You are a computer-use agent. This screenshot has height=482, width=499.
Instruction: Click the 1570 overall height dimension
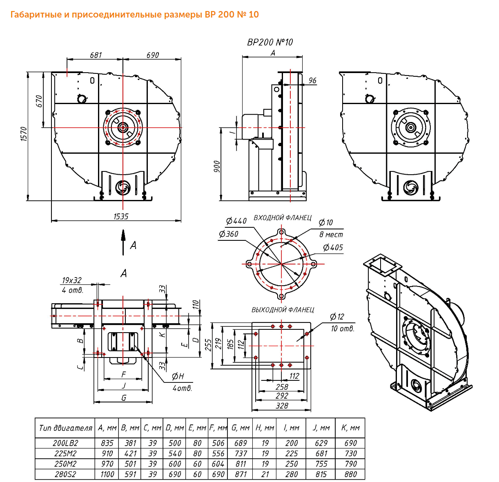pyautogui.click(x=24, y=133)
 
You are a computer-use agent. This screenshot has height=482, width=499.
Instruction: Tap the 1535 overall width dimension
pyautogui.click(x=121, y=217)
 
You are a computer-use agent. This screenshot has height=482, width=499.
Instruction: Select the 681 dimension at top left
pyautogui.click(x=96, y=55)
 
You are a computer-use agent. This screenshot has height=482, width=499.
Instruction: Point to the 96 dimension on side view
pyautogui.click(x=312, y=80)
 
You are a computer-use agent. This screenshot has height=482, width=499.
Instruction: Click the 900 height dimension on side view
pyautogui.click(x=217, y=166)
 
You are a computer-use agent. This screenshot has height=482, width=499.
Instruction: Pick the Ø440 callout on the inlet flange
pyautogui.click(x=236, y=221)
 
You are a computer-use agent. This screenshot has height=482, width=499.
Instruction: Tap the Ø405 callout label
pyautogui.click(x=333, y=247)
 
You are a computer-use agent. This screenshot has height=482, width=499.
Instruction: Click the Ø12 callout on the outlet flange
pyautogui.click(x=337, y=317)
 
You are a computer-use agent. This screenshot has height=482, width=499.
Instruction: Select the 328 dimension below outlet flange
pyautogui.click(x=282, y=406)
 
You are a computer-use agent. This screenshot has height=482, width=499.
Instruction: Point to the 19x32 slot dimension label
pyautogui.click(x=71, y=280)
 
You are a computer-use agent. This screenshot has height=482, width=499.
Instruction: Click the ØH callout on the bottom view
pyautogui.click(x=178, y=376)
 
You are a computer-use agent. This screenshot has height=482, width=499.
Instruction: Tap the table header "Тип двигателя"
pyautogui.click(x=65, y=428)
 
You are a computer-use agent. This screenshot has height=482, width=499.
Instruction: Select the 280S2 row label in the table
pyautogui.click(x=65, y=474)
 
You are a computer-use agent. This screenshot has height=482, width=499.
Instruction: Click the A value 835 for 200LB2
pyautogui.click(x=107, y=443)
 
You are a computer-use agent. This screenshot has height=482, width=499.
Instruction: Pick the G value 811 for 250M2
pyautogui.click(x=241, y=464)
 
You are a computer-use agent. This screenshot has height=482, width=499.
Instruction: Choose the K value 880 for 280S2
pyautogui.click(x=350, y=474)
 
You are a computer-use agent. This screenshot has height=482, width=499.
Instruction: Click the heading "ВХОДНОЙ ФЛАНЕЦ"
pyautogui.click(x=282, y=218)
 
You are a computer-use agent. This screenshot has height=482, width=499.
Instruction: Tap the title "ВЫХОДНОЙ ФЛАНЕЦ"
pyautogui.click(x=283, y=310)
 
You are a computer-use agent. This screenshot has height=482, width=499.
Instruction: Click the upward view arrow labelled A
pyautogui.click(x=123, y=242)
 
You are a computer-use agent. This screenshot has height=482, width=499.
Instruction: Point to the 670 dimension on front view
pyautogui.click(x=39, y=101)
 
